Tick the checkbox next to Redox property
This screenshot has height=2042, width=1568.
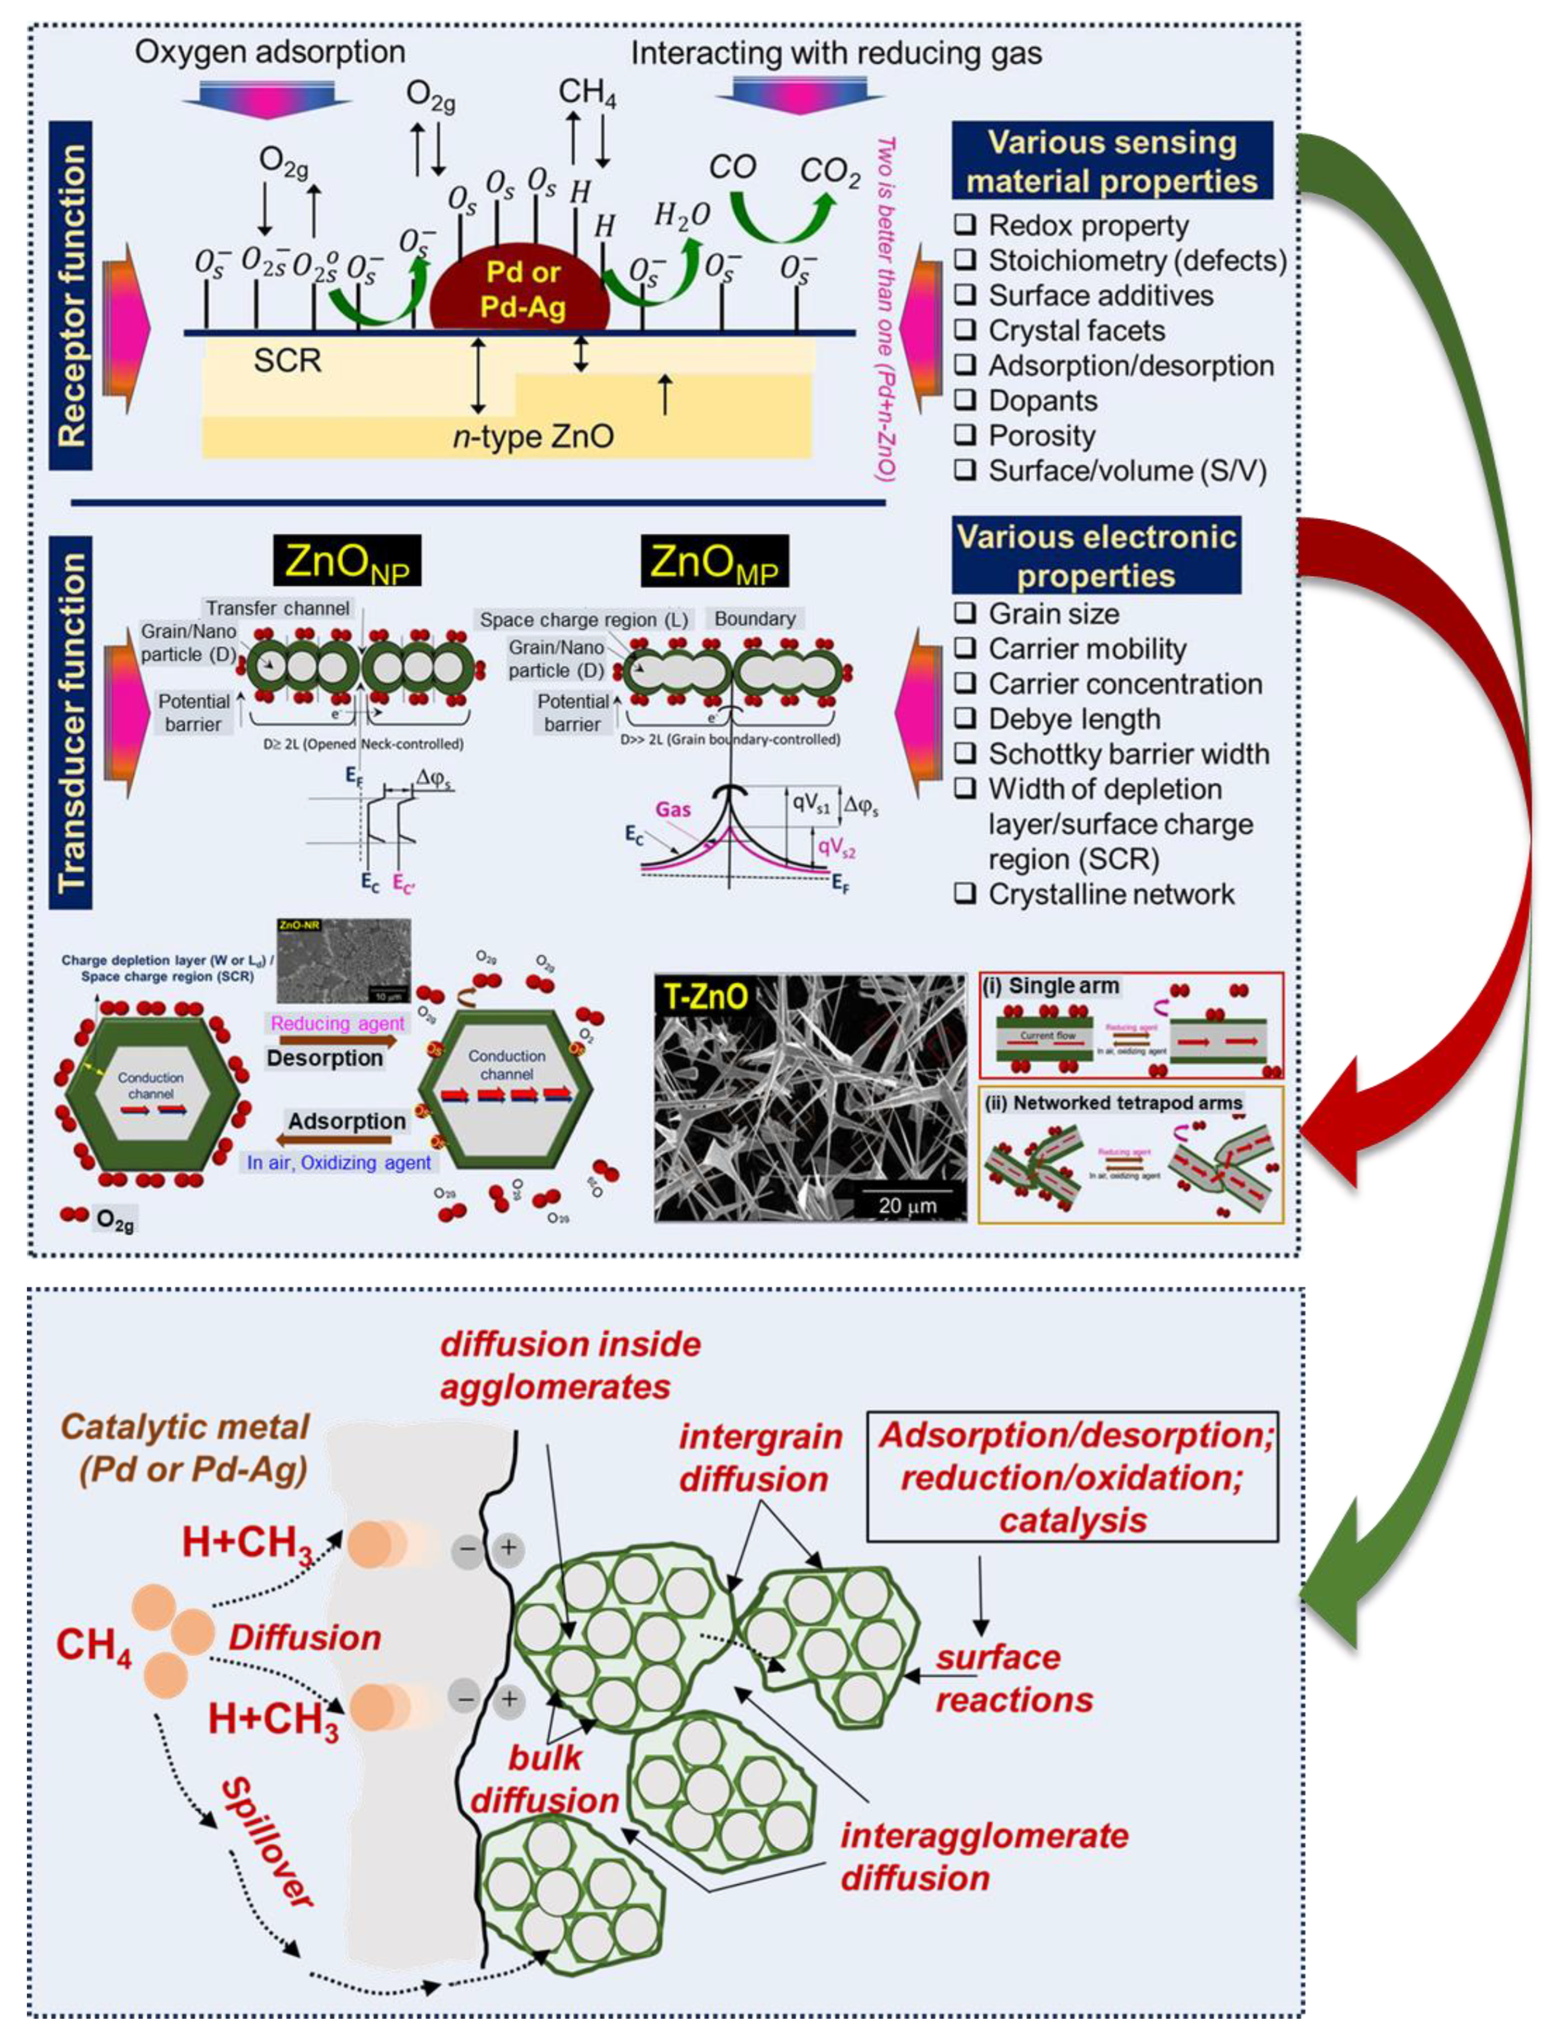[965, 225]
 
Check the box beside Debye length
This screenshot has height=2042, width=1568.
[965, 718]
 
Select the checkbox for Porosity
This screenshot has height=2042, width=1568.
[965, 435]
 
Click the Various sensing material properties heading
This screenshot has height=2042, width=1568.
[1112, 160]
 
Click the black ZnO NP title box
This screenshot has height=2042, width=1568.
[347, 561]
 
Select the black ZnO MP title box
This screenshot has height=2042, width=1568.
[714, 561]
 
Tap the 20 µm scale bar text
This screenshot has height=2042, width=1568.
[906, 1205]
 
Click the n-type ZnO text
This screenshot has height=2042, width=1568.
[533, 436]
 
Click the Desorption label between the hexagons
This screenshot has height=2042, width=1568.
[325, 1058]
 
